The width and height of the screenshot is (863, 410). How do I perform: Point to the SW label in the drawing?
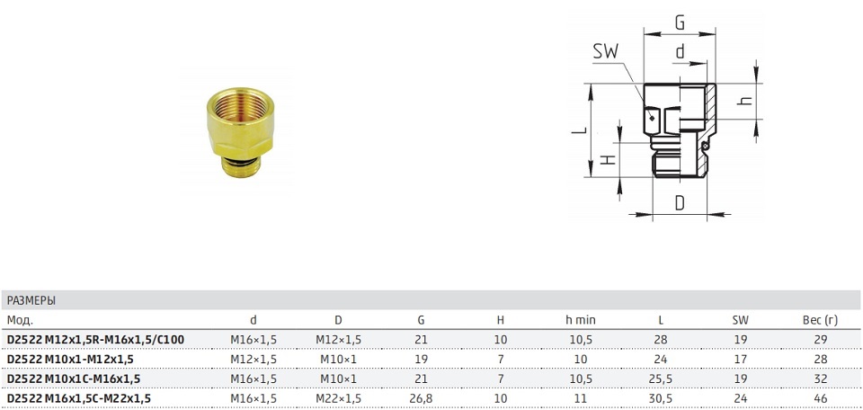pos(606,52)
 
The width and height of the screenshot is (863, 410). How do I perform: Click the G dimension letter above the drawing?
pos(681,23)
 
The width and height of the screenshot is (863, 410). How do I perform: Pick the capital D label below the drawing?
pos(680,202)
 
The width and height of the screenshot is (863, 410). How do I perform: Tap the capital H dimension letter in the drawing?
pos(607,160)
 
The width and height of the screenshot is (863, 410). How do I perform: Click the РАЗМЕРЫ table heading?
pos(31,301)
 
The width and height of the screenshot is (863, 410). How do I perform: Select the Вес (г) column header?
pos(820,320)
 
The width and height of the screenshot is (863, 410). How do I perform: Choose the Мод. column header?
pos(20,320)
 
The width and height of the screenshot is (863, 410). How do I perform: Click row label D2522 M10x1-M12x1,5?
pos(70,360)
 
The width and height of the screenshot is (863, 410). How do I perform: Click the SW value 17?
pos(741,360)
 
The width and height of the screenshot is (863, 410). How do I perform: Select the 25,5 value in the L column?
pos(661,379)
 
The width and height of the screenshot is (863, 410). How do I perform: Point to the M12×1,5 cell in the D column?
pos(339,340)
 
